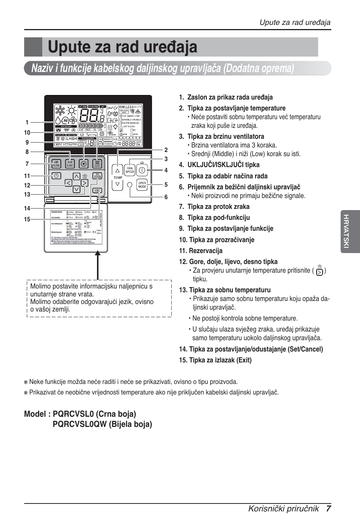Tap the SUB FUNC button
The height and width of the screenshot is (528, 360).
[x=70, y=164]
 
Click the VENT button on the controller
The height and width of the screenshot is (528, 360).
[x=97, y=164]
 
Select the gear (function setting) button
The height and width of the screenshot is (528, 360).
[x=84, y=164]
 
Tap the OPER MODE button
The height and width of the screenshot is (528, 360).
[x=142, y=185]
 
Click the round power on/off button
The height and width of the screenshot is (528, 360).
[x=142, y=170]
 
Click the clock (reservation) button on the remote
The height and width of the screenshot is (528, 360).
[x=56, y=176]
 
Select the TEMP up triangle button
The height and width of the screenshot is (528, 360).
[x=118, y=170]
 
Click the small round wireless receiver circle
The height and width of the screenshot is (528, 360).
[x=130, y=184]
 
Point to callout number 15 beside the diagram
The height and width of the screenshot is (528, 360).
[x=27, y=219]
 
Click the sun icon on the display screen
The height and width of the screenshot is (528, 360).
[x=71, y=110]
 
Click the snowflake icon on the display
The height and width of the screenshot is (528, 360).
[x=59, y=110]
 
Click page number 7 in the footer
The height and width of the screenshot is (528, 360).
[x=329, y=508]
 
